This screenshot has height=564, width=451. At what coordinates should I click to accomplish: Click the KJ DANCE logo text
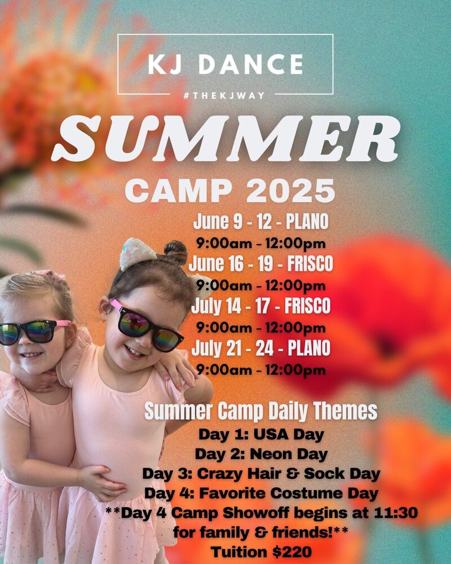225,64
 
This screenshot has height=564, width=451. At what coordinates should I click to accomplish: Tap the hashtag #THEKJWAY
224,96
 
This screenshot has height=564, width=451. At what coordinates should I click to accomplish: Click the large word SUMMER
226,139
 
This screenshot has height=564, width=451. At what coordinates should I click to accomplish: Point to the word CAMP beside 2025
179,191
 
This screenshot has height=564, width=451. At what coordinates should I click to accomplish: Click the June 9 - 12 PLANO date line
261,221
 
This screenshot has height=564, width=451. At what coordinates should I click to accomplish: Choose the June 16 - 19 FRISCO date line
261,263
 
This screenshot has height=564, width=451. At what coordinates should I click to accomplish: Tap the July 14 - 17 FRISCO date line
261,306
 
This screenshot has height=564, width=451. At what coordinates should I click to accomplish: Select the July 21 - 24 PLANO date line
261,348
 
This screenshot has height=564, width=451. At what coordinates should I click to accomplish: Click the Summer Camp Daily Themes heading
261,411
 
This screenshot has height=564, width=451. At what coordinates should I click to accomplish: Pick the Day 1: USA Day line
261,434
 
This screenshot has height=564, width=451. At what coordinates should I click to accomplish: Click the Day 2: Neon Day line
261,454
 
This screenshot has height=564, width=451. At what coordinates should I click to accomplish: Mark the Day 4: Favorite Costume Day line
261,493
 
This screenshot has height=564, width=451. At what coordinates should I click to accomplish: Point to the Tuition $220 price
261,552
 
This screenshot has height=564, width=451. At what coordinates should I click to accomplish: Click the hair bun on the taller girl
175,252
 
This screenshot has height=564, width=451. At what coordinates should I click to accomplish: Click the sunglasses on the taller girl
146,325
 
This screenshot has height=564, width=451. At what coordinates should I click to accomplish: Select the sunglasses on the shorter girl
34,332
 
